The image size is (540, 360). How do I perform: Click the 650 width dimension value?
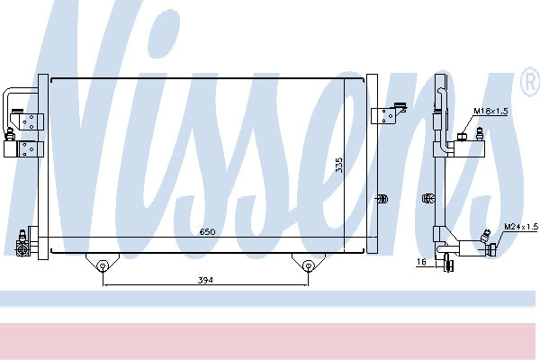coord(208,231)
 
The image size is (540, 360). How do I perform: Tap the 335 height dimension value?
coord(339,165)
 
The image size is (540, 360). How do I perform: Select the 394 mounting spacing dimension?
coord(205,280)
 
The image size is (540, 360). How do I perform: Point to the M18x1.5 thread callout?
coord(490,111)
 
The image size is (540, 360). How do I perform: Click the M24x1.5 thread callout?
coord(521,227)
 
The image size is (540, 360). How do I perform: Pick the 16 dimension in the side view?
coord(421,262)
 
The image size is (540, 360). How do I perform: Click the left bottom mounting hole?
coord(103,265)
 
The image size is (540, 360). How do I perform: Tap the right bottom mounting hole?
coord(308,265)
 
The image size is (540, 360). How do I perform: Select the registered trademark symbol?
coord(531,82)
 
